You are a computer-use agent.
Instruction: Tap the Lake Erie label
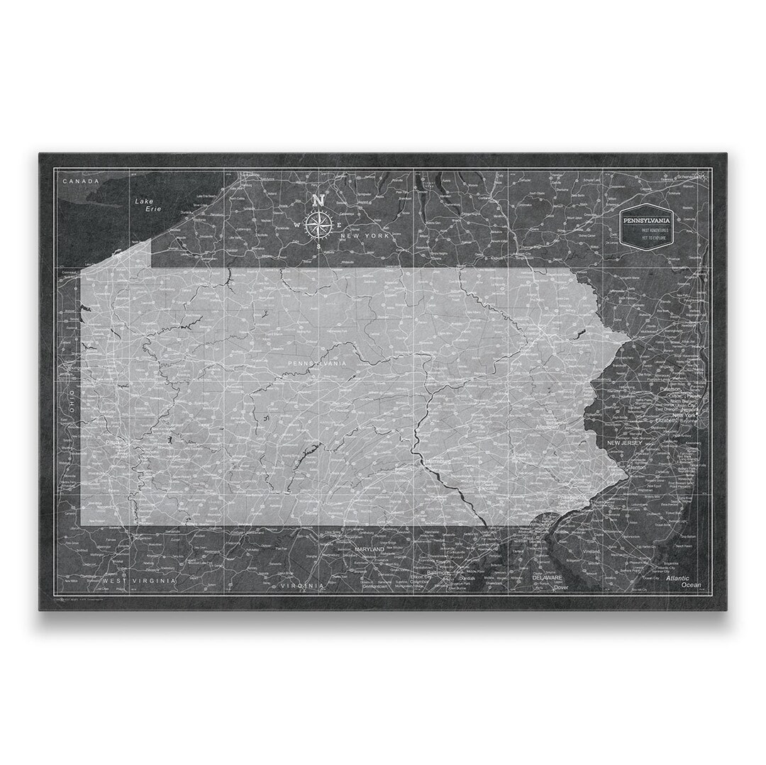pyautogui.click(x=148, y=206)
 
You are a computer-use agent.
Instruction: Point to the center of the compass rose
pyautogui.click(x=319, y=225)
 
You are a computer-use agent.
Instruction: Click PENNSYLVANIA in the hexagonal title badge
pyautogui.click(x=646, y=220)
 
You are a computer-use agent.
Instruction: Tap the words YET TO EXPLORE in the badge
pyautogui.click(x=646, y=238)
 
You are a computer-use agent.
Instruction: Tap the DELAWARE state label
pyautogui.click(x=548, y=578)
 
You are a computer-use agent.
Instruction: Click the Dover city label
pyautogui.click(x=561, y=587)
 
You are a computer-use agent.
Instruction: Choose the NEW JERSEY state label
pyautogui.click(x=623, y=443)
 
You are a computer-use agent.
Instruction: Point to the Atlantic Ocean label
pyautogui.click(x=684, y=581)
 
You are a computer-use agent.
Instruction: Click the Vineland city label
pyautogui.click(x=590, y=552)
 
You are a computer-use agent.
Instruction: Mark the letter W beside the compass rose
pyautogui.click(x=297, y=225)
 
